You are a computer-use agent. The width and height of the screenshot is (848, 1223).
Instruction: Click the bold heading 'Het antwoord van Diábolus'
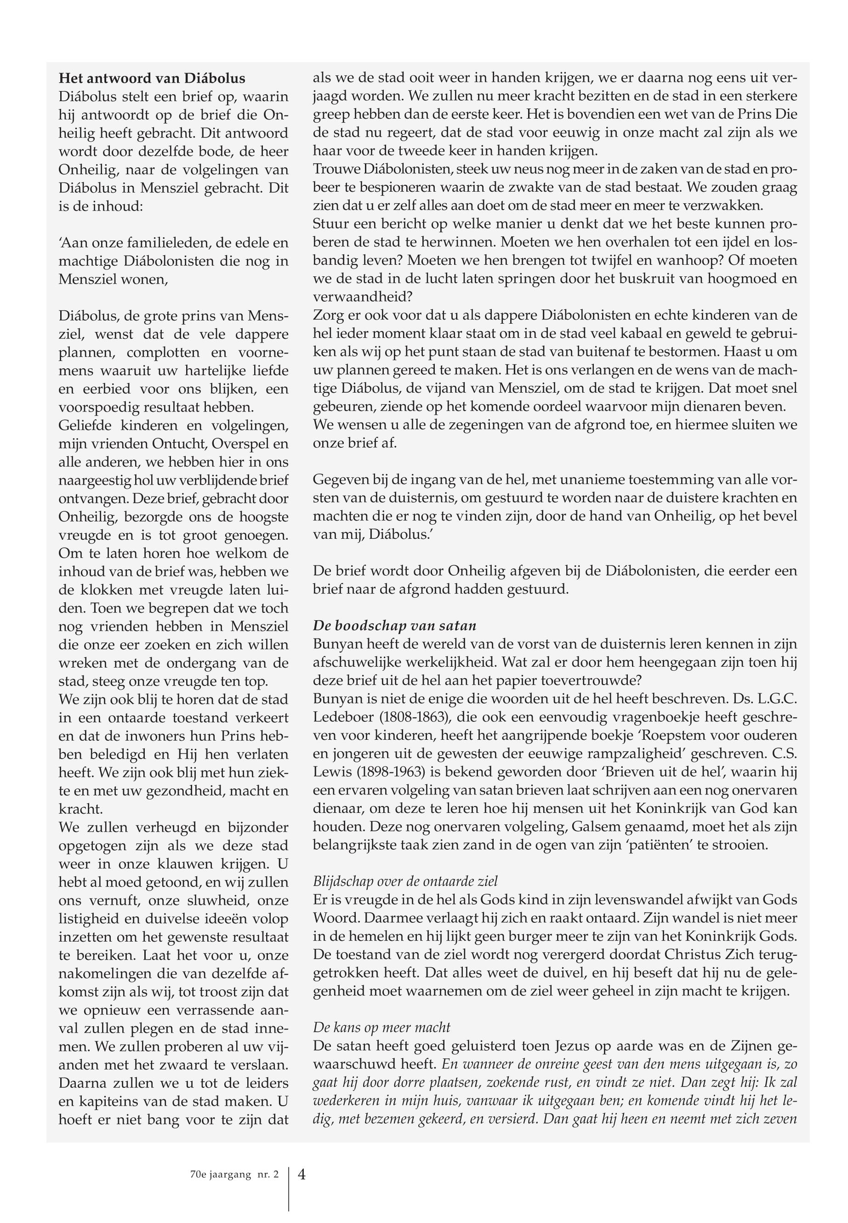pos(152,79)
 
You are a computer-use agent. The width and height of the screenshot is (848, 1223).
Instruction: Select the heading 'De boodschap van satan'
pos(394,626)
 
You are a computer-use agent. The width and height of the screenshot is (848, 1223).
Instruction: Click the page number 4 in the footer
pos(302,1174)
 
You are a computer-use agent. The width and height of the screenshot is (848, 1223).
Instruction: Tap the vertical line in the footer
pos(289,1189)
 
